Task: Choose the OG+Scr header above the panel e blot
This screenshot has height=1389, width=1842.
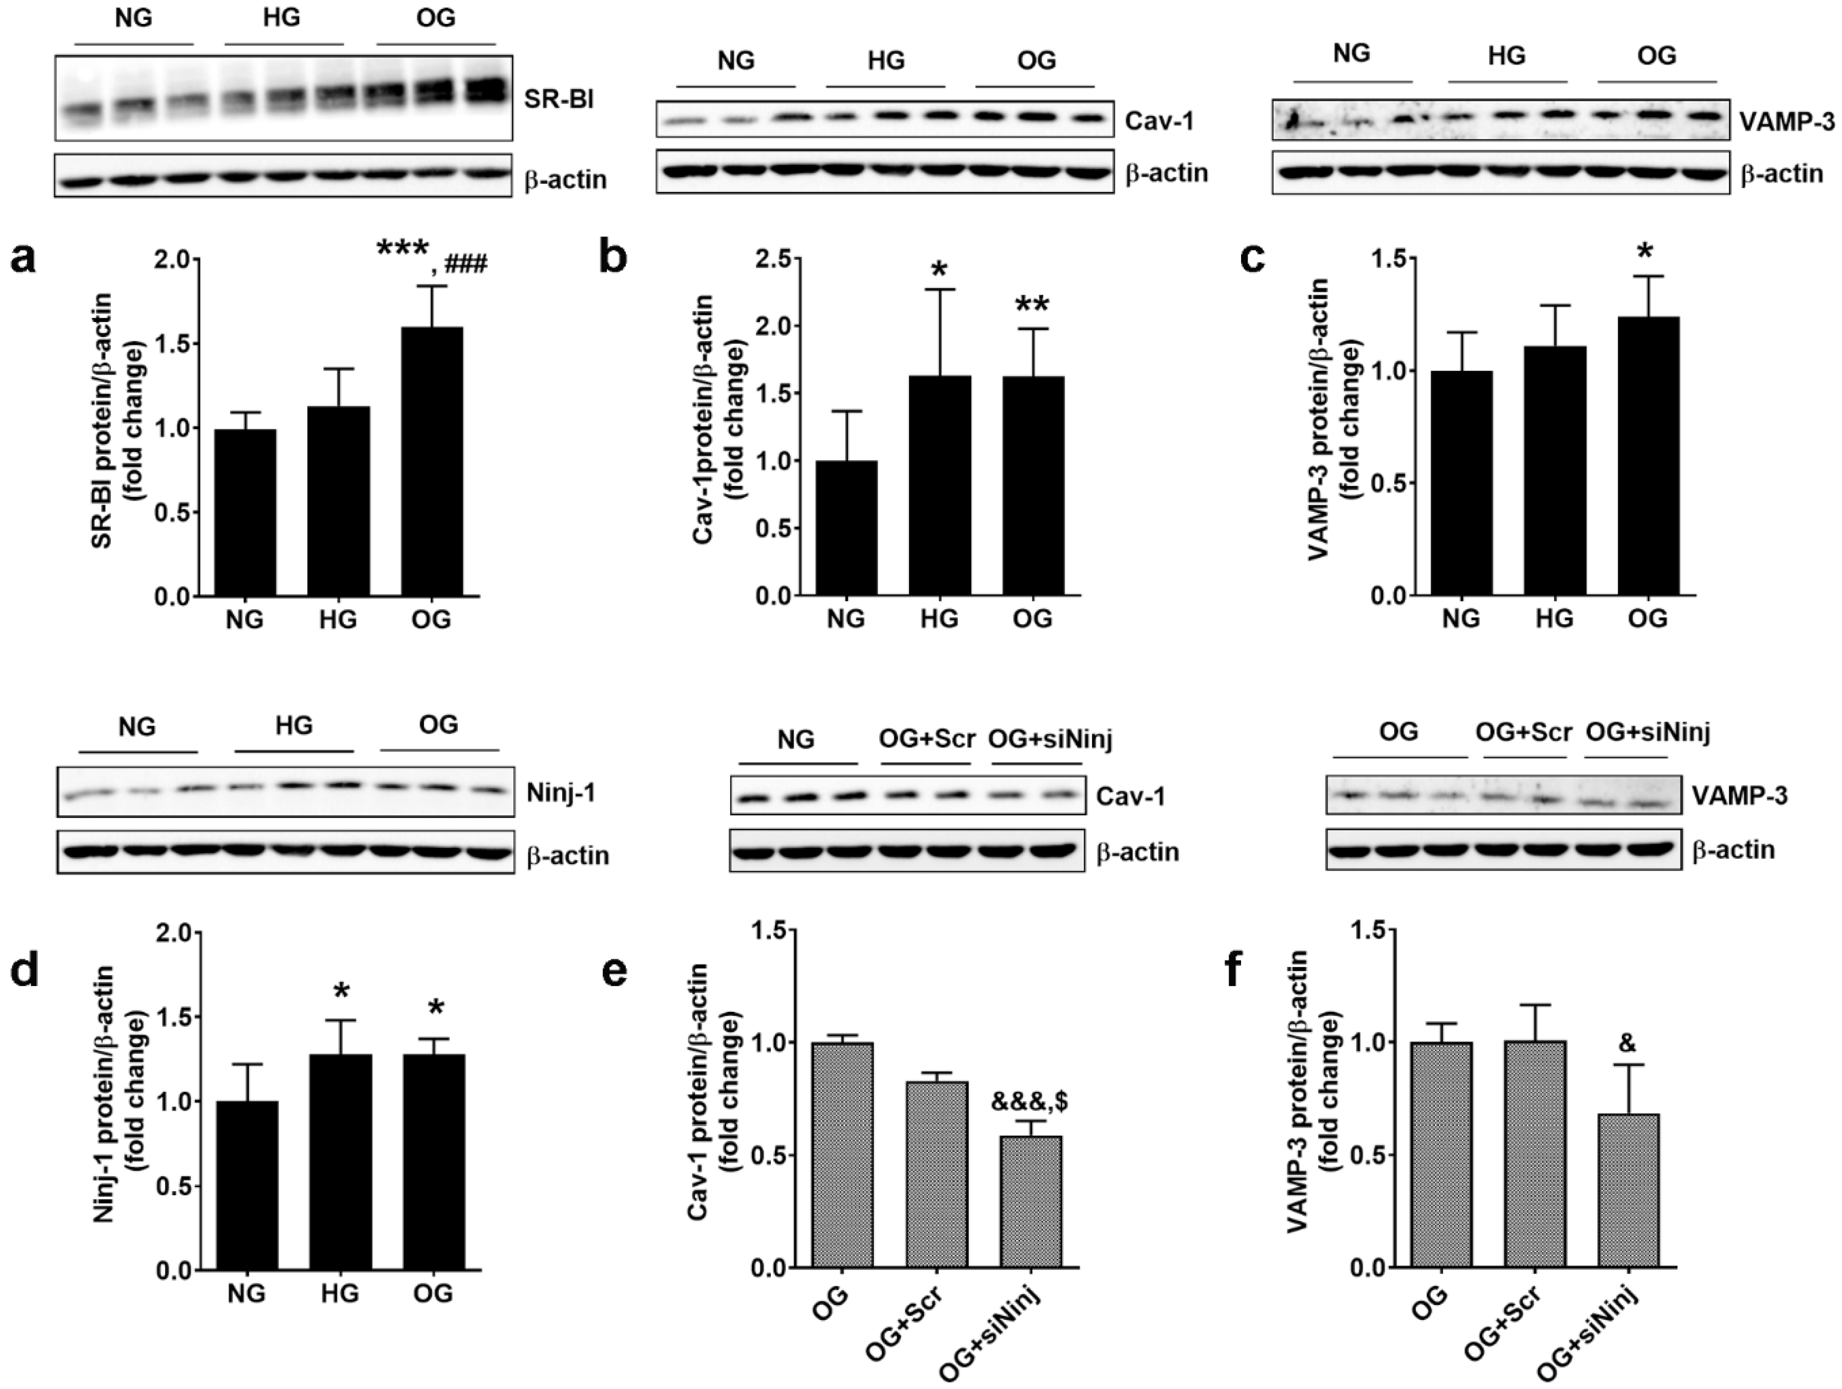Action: click(x=926, y=738)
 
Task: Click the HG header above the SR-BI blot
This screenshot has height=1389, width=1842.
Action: click(x=282, y=18)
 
